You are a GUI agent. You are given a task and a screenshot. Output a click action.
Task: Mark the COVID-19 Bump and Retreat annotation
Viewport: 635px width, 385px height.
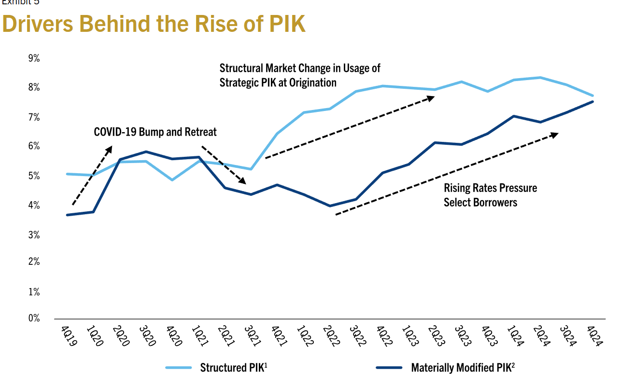(x=155, y=132)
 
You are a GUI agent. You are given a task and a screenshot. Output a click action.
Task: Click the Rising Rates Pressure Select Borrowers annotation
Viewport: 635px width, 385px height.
(x=490, y=195)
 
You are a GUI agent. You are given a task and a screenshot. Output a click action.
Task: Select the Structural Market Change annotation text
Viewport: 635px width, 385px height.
(x=300, y=75)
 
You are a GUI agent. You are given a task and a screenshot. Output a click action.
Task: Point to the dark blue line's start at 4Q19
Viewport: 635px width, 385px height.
(x=67, y=215)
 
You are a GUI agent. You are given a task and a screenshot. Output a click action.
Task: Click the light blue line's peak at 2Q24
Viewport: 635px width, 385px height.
(x=540, y=77)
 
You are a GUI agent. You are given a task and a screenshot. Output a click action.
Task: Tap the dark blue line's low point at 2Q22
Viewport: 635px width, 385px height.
(x=330, y=206)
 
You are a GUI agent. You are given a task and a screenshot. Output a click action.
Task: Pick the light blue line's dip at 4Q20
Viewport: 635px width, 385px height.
(x=172, y=180)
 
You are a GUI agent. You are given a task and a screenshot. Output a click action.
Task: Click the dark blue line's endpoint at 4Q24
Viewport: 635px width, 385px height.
(x=593, y=101)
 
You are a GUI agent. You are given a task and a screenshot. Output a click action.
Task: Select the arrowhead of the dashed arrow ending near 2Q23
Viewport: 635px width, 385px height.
(x=431, y=97)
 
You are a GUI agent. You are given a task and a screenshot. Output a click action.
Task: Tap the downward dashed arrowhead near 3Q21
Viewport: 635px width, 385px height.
(x=243, y=181)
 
